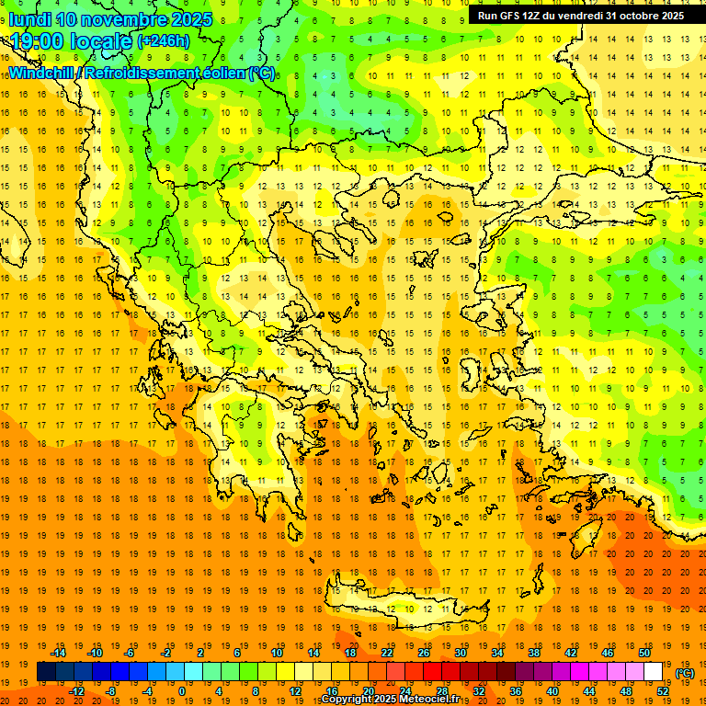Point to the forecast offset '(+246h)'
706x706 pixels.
click(164, 41)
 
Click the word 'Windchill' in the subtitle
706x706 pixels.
click(42, 73)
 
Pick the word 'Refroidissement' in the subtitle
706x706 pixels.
click(152, 73)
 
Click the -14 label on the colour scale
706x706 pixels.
click(61, 653)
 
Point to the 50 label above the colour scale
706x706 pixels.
click(644, 653)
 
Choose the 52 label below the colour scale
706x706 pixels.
click(663, 691)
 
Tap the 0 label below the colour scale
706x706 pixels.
click(181, 691)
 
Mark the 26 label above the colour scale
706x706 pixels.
click(424, 653)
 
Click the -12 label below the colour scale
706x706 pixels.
click(77, 691)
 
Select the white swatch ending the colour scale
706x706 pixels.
click(654, 672)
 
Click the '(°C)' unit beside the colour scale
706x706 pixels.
click(685, 673)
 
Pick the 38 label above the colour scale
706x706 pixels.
click(534, 653)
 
